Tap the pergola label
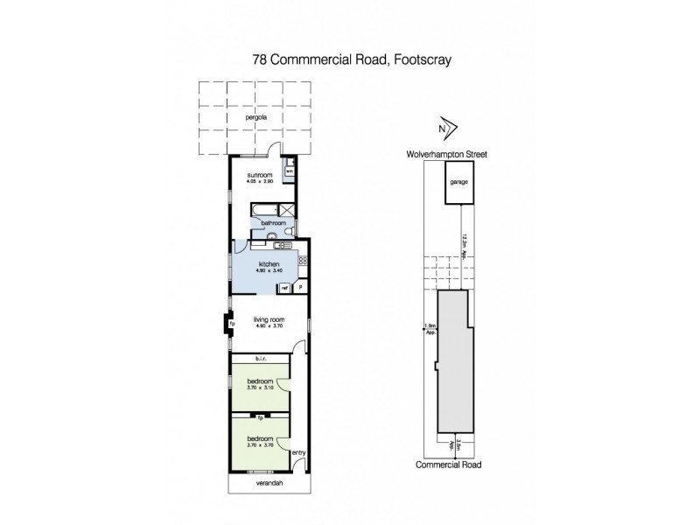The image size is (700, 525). tap(255, 116)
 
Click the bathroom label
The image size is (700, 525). tap(275, 223)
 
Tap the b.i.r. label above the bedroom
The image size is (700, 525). tap(260, 359)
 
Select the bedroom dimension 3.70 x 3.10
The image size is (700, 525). tap(261, 388)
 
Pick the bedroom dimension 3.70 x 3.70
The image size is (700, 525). tap(261, 444)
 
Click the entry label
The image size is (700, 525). tap(298, 452)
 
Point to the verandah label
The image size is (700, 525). tap(269, 483)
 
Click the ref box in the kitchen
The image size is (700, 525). tap(284, 287)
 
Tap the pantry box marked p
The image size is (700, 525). tap(300, 287)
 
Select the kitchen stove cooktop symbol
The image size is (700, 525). tap(303, 260)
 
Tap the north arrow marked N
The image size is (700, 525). tap(444, 129)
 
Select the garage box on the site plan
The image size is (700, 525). tap(457, 183)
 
